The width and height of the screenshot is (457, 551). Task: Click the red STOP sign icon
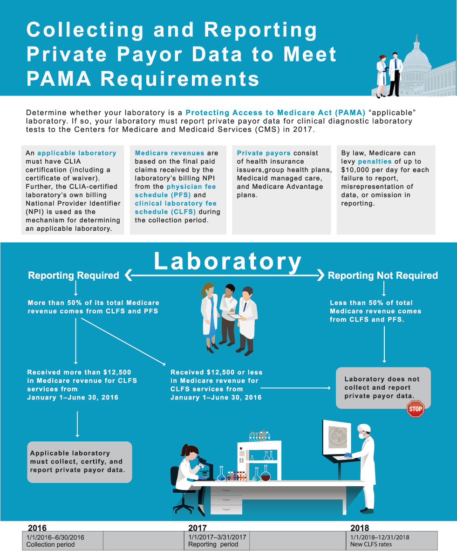(x=415, y=409)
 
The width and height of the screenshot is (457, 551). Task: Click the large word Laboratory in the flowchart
(x=228, y=262)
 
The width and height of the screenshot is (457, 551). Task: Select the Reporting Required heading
(x=74, y=275)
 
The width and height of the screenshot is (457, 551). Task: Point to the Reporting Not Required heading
(x=383, y=275)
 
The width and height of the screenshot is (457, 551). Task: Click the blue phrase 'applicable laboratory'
(x=77, y=153)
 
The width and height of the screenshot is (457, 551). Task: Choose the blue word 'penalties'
(x=375, y=161)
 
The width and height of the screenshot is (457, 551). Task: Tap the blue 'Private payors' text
(x=264, y=153)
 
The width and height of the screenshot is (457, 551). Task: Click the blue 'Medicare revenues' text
(x=169, y=153)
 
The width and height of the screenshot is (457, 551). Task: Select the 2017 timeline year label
(x=198, y=528)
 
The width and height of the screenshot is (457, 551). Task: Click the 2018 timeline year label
(x=360, y=528)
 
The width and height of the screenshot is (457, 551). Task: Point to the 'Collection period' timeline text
(x=50, y=544)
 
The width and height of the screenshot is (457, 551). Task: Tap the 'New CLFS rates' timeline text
(x=371, y=544)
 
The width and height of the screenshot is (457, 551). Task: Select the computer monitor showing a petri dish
(x=336, y=438)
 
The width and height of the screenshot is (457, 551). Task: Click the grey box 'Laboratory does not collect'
(x=383, y=388)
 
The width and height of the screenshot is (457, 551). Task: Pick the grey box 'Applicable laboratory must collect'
(x=80, y=462)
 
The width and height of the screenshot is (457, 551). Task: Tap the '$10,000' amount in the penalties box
(x=355, y=170)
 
